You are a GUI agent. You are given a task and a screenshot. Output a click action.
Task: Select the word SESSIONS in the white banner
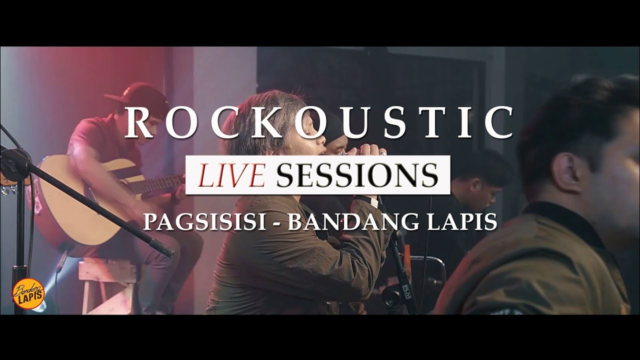tap(356, 175)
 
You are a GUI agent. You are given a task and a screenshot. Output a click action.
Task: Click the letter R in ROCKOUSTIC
tap(138, 122)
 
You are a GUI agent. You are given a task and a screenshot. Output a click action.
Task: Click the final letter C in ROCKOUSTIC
tap(498, 122)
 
